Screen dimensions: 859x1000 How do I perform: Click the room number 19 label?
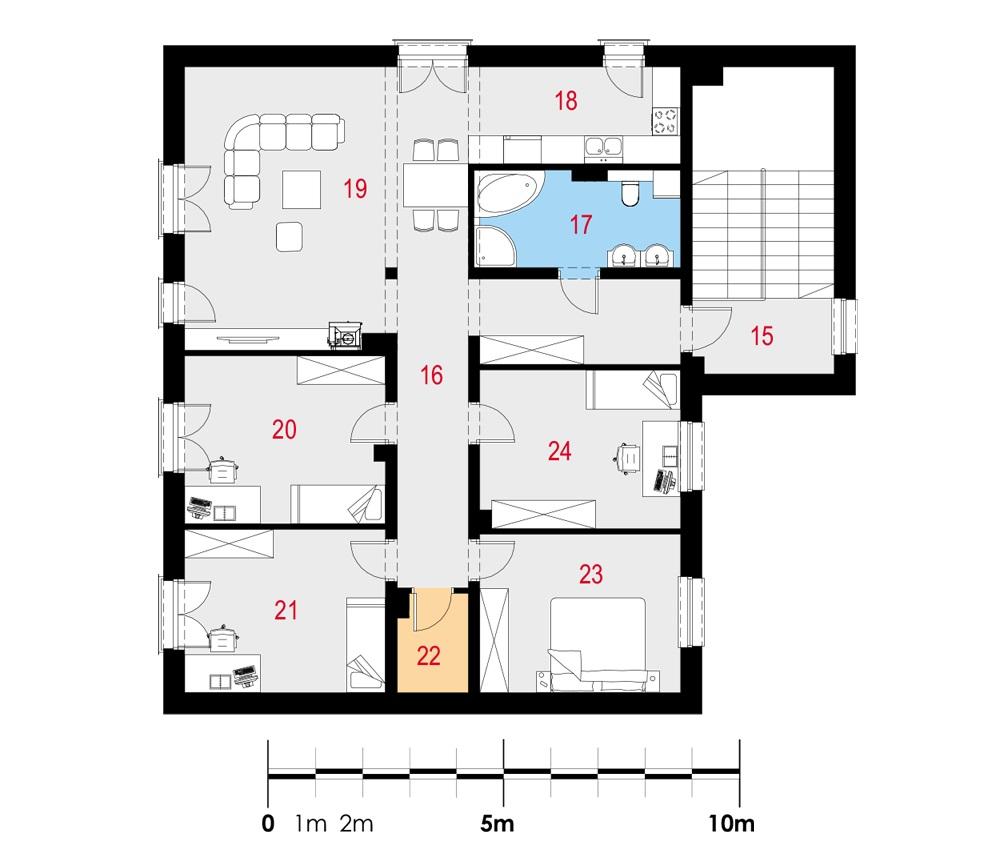[x=355, y=187]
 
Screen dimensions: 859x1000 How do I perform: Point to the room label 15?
[x=762, y=335]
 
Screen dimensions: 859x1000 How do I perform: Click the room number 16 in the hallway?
[x=431, y=376]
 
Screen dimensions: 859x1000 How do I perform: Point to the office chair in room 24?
[x=627, y=457]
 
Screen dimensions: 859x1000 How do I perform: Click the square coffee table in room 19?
[x=301, y=187]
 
